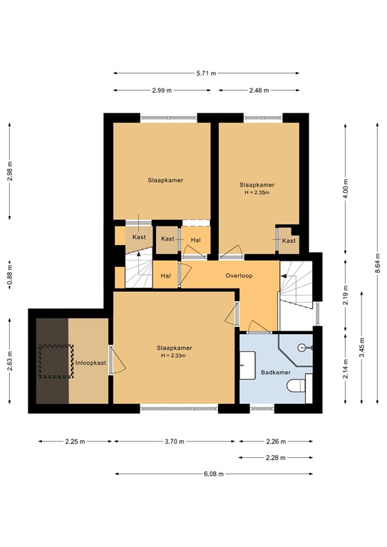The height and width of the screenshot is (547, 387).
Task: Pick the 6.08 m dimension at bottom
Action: [x=212, y=474]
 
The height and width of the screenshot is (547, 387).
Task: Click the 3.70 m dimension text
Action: [x=174, y=442]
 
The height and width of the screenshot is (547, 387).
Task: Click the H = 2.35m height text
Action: [x=257, y=192]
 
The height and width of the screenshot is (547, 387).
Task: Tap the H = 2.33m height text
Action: [x=175, y=356]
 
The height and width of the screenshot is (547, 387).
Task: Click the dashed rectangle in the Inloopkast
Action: [x=56, y=360]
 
